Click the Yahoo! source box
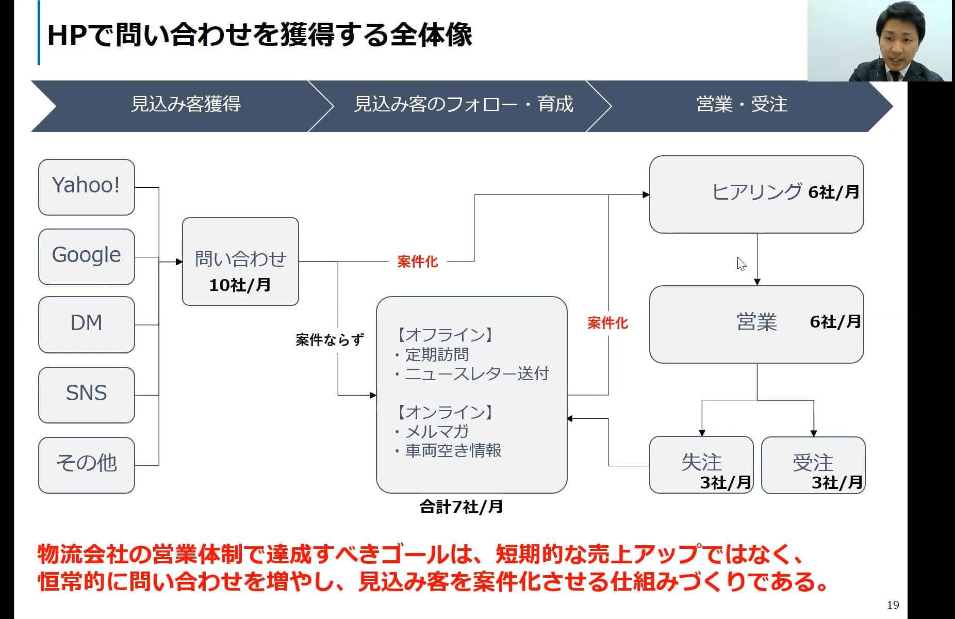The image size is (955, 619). click(x=86, y=187)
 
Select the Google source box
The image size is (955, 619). click(x=86, y=256)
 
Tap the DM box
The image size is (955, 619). click(x=86, y=324)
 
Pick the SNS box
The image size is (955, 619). click(x=86, y=394)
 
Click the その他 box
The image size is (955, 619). click(x=86, y=464)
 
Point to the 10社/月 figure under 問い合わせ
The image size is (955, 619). click(x=240, y=285)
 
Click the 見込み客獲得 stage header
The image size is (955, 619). click(x=186, y=105)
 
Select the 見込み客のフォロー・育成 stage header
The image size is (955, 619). click(x=463, y=105)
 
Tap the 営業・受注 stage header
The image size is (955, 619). click(x=742, y=105)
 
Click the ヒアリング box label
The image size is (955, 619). click(x=756, y=192)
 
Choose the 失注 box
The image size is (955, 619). click(x=701, y=464)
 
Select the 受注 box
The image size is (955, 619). click(x=813, y=464)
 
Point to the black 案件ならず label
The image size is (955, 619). click(x=330, y=340)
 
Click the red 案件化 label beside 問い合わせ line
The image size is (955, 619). click(x=417, y=262)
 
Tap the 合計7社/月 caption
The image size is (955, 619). click(x=461, y=507)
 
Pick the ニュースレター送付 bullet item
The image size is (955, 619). click(x=476, y=374)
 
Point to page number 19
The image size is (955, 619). click(x=893, y=605)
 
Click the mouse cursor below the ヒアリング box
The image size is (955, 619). click(x=741, y=264)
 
